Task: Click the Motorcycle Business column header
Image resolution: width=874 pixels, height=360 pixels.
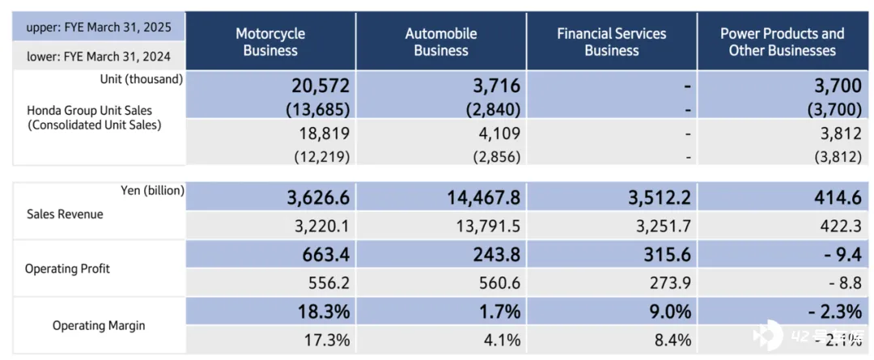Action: tap(270, 42)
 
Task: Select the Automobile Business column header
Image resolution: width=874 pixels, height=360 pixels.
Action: tap(441, 42)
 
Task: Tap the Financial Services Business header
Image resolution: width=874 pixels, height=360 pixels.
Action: tap(612, 42)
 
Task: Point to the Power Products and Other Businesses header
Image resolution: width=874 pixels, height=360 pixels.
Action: tap(782, 42)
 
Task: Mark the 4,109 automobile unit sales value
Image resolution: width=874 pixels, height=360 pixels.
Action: tap(496, 133)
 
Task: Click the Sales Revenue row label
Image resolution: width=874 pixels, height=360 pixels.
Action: tap(66, 214)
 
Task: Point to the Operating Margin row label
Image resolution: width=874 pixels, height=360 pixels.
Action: tap(98, 326)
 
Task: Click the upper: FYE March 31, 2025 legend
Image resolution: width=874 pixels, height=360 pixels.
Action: tap(97, 28)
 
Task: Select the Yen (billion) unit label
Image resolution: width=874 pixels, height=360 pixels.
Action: tap(151, 190)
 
